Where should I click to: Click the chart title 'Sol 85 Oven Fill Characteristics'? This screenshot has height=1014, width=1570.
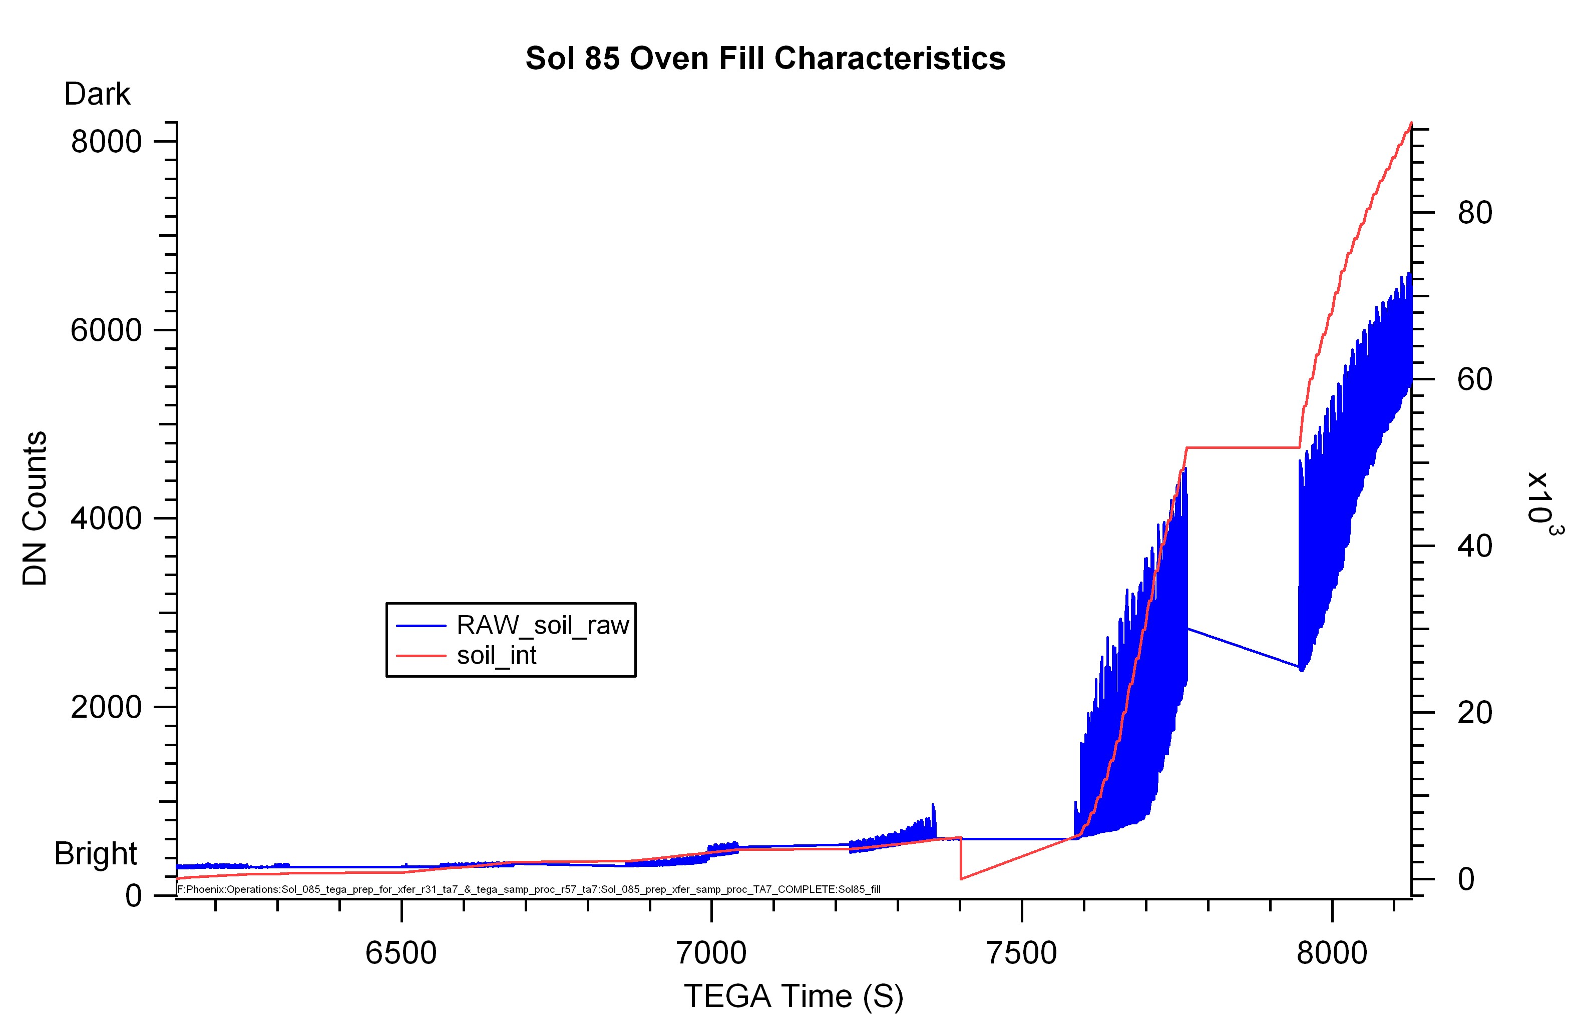(765, 58)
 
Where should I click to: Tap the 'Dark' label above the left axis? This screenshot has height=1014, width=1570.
(98, 94)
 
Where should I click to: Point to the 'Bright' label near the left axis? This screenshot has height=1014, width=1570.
(96, 853)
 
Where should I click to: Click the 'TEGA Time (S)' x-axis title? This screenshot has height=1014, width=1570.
(794, 995)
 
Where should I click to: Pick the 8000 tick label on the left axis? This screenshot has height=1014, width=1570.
(106, 142)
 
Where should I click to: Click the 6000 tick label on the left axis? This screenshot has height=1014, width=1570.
(106, 330)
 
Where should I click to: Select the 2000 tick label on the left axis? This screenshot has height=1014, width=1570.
(106, 707)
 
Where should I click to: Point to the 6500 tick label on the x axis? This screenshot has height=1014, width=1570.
(401, 953)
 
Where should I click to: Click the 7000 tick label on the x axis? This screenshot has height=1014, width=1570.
(711, 953)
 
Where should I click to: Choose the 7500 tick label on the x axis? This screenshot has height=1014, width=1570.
(1021, 953)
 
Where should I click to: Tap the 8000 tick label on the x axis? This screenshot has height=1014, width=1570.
(1332, 953)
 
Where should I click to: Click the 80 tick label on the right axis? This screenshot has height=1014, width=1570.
(1474, 213)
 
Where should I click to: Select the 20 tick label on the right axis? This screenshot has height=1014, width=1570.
(1474, 712)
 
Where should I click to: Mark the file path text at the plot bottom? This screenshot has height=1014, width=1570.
(529, 889)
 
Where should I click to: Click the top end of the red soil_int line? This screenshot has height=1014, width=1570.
(1411, 123)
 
